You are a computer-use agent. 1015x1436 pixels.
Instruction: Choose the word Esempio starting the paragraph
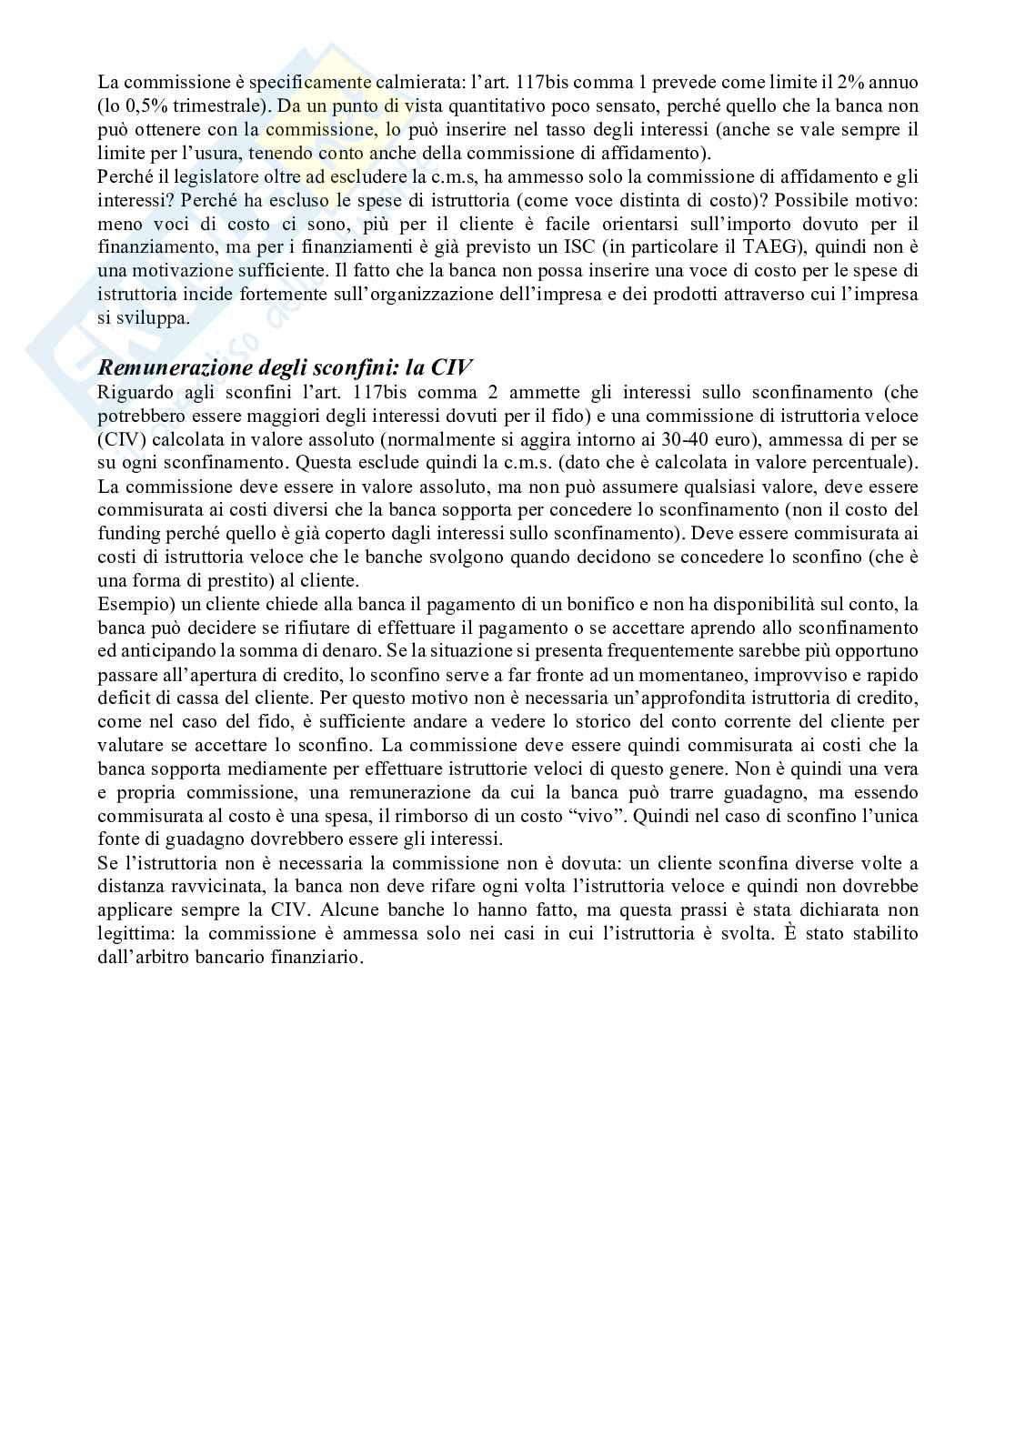click(x=129, y=605)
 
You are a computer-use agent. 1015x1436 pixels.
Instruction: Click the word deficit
click(x=123, y=699)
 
